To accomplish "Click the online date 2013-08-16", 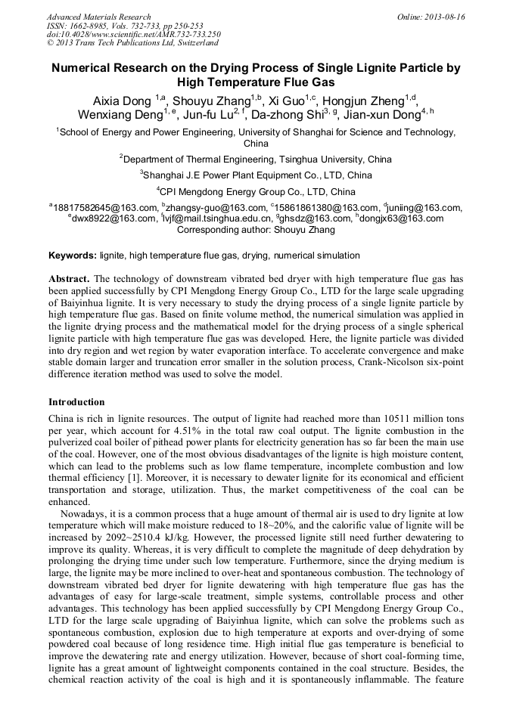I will [x=446, y=17].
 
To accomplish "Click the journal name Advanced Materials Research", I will [x=98, y=17].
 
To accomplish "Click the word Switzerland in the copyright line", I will [x=195, y=43].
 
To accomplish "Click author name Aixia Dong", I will [x=123, y=101].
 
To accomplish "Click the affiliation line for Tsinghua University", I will [x=257, y=160].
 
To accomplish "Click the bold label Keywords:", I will [x=73, y=256].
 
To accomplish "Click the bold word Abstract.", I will [x=69, y=278].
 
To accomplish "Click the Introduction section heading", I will [x=76, y=402].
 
